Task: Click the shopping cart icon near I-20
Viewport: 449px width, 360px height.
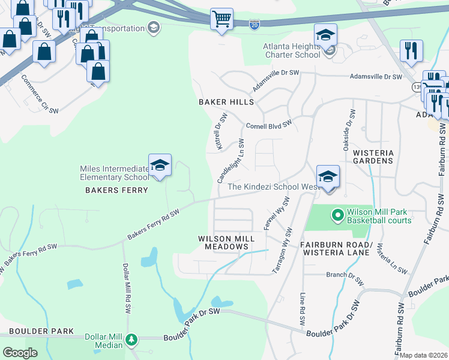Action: pyautogui.click(x=221, y=19)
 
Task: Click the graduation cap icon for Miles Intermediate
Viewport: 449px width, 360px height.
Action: pyautogui.click(x=160, y=166)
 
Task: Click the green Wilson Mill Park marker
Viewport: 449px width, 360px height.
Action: pyautogui.click(x=337, y=214)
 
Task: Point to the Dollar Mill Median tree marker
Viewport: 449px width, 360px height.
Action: pyautogui.click(x=131, y=340)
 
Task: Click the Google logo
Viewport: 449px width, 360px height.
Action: pyautogui.click(x=20, y=353)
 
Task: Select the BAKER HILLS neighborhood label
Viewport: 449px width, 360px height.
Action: pyautogui.click(x=226, y=103)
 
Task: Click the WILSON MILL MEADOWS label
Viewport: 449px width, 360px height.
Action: pyautogui.click(x=226, y=242)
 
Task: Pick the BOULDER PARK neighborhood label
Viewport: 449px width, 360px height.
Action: pyautogui.click(x=41, y=331)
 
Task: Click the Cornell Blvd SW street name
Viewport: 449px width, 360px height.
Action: pyautogui.click(x=268, y=125)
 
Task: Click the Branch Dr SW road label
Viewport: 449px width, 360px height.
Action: pyautogui.click(x=345, y=277)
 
